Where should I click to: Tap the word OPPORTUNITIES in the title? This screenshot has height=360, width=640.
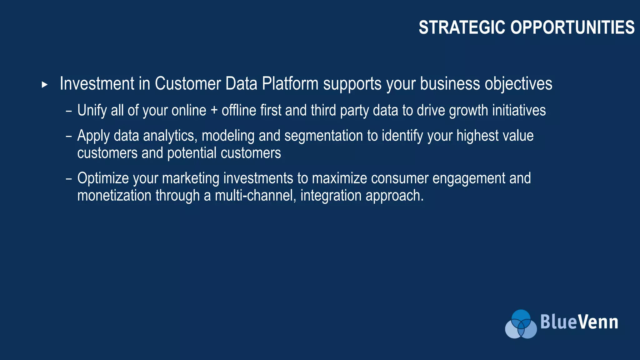tap(572, 27)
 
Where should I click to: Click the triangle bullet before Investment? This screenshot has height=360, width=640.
tap(45, 85)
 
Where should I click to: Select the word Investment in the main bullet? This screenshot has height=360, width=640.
tap(97, 84)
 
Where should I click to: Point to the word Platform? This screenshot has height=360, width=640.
tap(290, 84)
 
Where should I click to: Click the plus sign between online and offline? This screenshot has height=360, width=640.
tap(214, 111)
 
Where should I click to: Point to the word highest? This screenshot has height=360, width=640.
tap(477, 136)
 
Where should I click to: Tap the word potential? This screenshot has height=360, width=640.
tap(192, 153)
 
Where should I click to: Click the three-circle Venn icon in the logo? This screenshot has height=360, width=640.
tap(521, 324)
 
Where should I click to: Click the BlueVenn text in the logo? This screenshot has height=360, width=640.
tap(579, 322)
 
